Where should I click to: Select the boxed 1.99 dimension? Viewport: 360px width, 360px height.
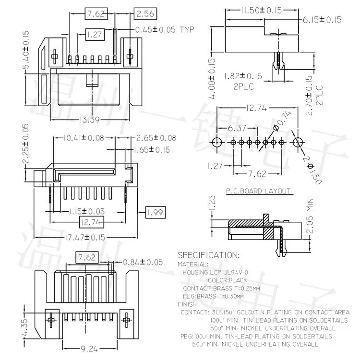click(155, 212)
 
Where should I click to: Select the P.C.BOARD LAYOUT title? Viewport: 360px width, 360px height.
click(258, 191)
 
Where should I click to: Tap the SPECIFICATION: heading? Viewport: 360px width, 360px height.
click(208, 255)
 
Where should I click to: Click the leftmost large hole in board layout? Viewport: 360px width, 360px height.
click(216, 142)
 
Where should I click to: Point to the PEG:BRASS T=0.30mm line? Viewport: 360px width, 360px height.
click(214, 296)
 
